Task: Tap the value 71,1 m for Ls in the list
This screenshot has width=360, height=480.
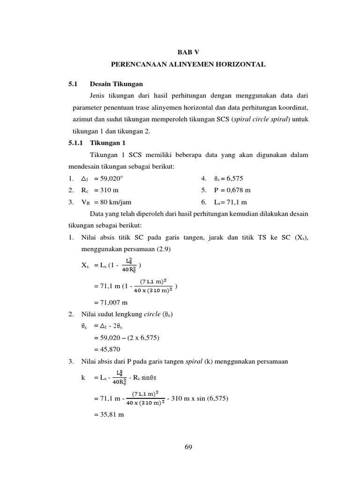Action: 237,202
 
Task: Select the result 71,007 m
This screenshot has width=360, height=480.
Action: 111,302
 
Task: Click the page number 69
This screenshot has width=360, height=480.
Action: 188,447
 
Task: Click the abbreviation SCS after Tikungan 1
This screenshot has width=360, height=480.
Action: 130,154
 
